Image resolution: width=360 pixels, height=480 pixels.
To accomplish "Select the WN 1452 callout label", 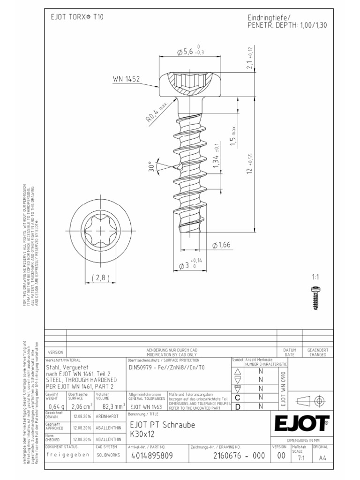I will (126, 79).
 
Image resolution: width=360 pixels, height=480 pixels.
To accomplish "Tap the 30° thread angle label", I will (151, 167).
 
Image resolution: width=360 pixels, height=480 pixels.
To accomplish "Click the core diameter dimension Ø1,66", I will (222, 245).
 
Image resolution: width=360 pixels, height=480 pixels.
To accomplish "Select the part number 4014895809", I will (152, 455).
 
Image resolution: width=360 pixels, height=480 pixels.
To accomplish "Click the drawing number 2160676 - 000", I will (233, 455).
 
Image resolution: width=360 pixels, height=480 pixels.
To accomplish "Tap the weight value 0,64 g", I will (56, 406).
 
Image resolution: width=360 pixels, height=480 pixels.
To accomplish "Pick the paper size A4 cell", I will (322, 458).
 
